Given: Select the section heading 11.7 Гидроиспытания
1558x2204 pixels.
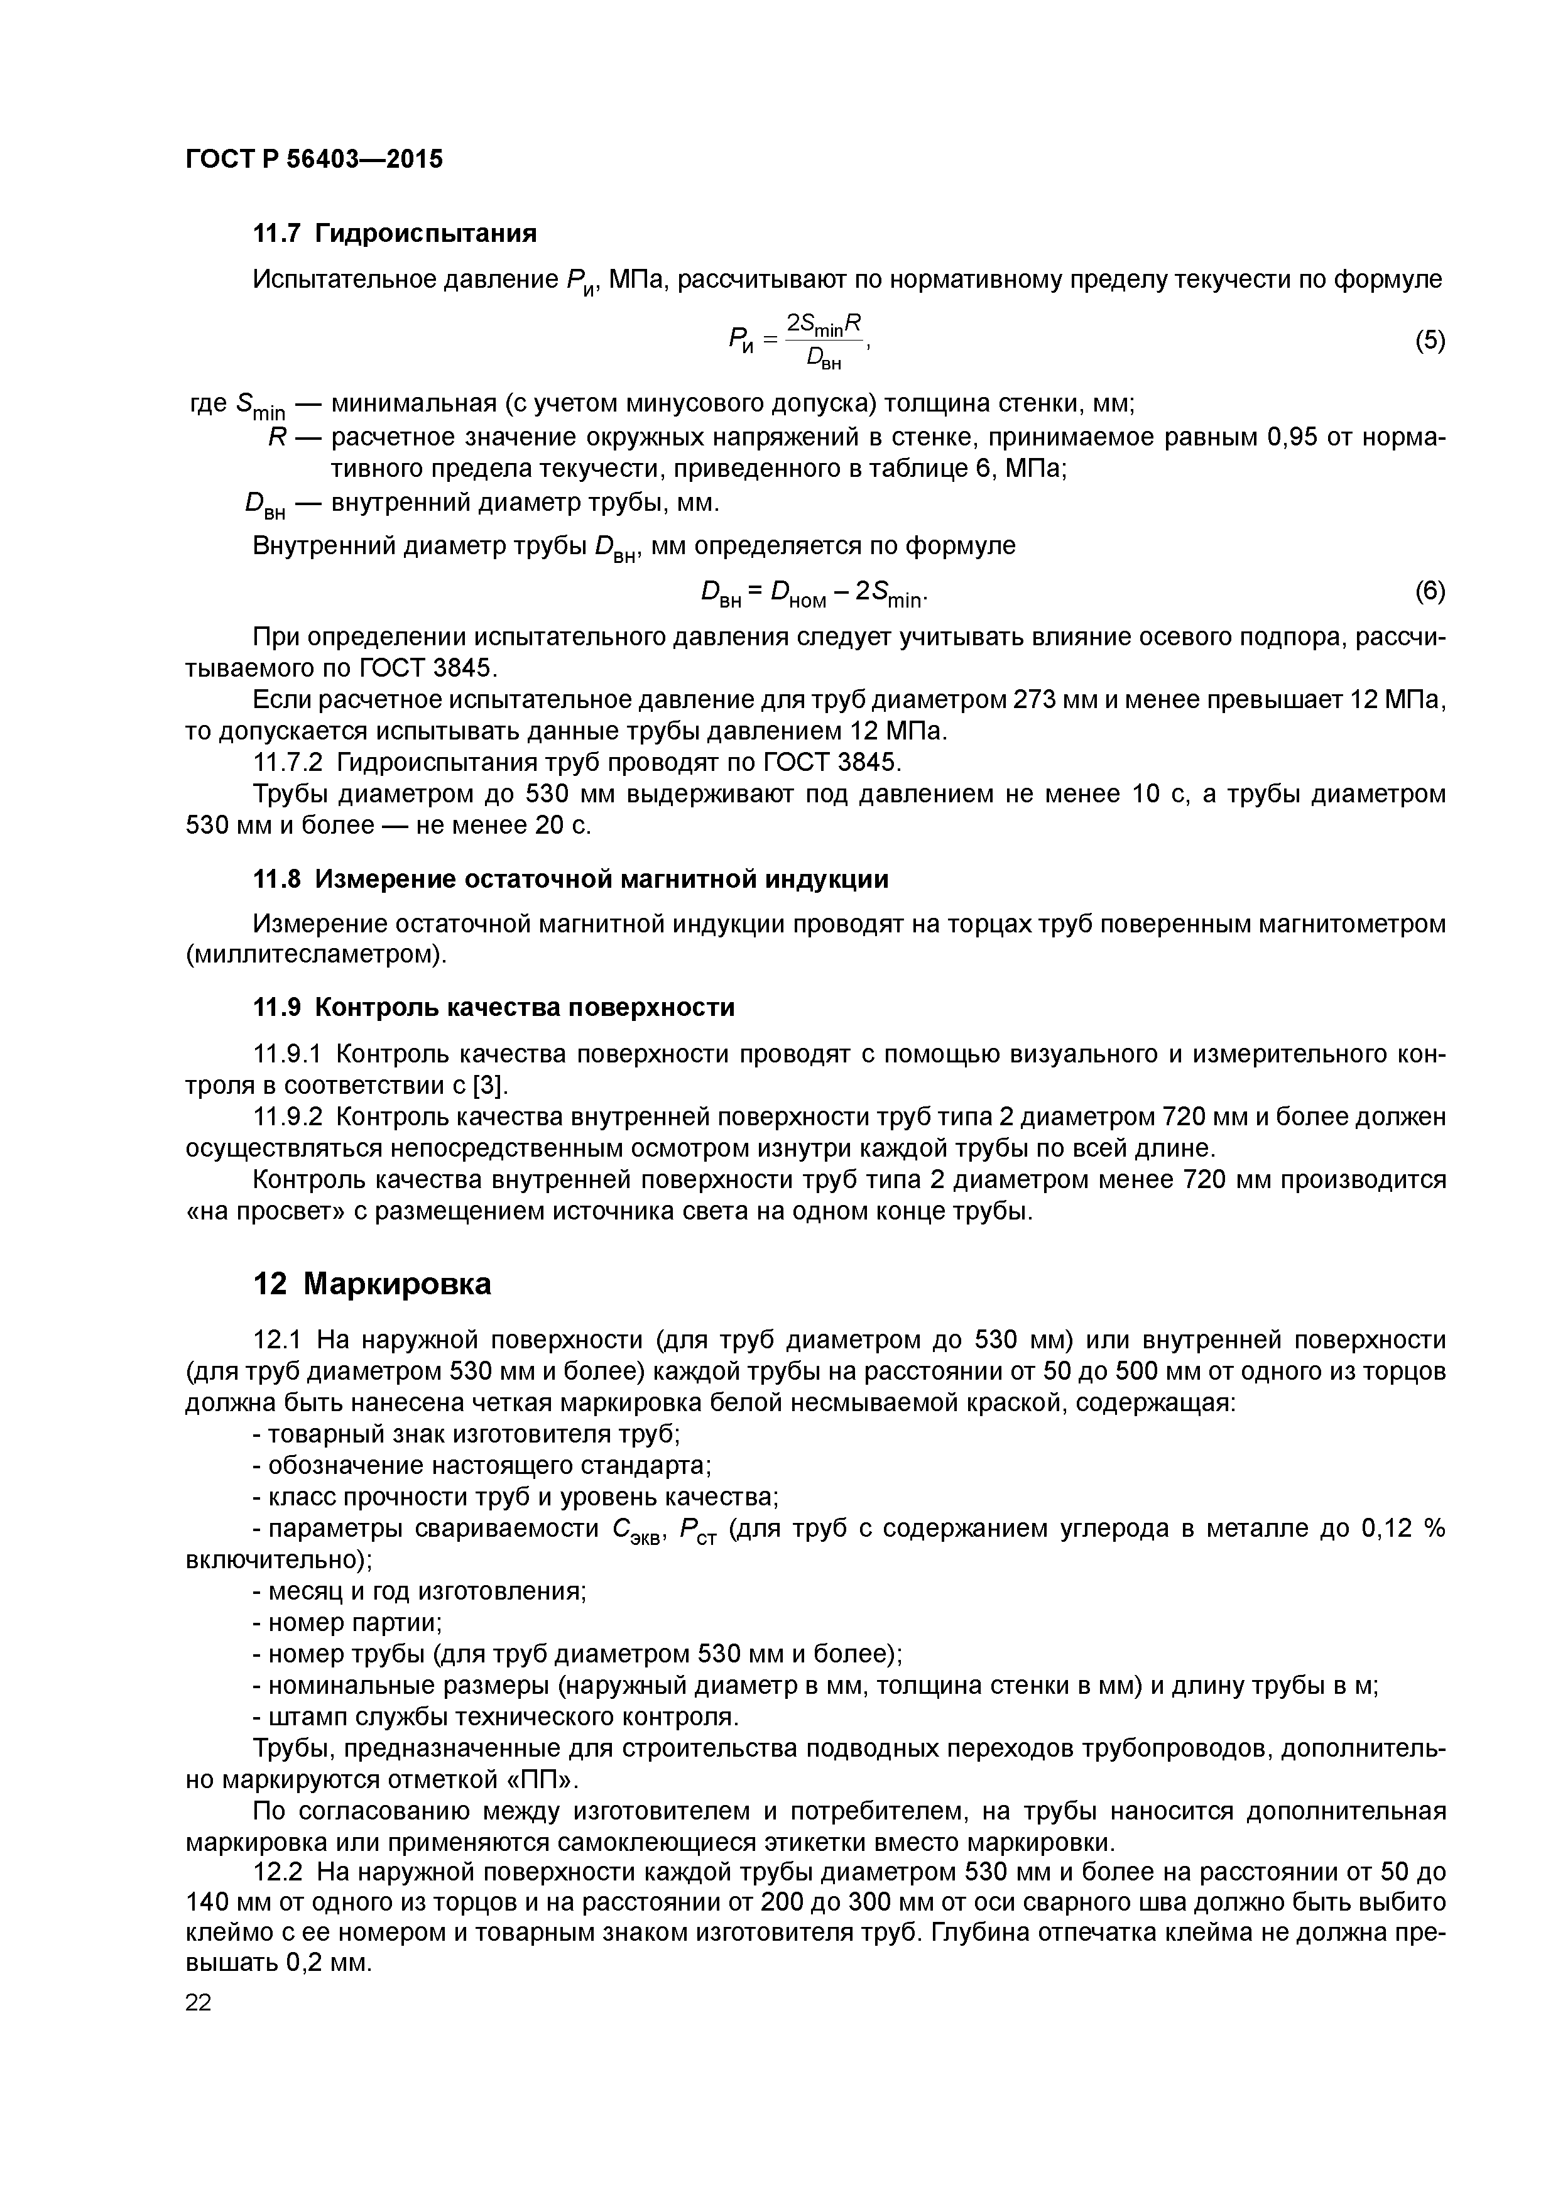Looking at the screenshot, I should [393, 233].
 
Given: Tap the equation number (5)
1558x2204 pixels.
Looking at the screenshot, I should [1429, 341].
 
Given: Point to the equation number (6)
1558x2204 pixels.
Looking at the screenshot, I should [1429, 592].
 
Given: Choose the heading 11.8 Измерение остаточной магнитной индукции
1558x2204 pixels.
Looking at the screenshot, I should [570, 880].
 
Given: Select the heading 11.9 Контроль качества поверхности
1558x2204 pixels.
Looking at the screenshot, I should [493, 1007].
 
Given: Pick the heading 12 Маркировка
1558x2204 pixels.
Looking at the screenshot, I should [371, 1284].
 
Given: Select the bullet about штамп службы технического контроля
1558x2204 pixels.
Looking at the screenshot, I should [495, 1716].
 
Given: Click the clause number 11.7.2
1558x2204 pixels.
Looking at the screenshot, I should [288, 763].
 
